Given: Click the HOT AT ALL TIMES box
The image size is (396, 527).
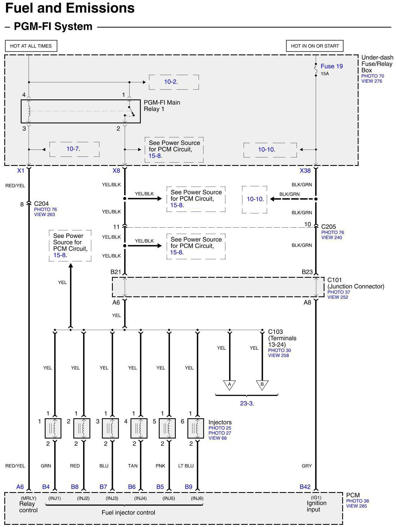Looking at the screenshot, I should point(31,46).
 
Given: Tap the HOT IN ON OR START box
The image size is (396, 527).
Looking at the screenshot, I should point(315,46).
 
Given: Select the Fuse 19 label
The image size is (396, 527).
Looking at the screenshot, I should point(332,66).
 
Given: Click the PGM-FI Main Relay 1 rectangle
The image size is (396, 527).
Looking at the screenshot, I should point(81,111).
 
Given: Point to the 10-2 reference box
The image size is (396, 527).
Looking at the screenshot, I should point(174,82).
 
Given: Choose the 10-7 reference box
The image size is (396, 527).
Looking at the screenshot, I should point(74,149).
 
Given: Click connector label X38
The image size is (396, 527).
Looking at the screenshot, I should point(305,171).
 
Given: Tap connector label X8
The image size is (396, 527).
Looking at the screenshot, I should point(116,171).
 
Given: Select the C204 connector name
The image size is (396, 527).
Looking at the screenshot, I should point(41,204).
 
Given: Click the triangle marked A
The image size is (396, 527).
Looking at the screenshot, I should point(229,385).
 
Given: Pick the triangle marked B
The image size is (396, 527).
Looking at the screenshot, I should point(262,385).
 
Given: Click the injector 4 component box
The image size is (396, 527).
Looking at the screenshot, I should point(139,428).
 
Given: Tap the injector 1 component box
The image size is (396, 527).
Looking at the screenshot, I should point(53,428).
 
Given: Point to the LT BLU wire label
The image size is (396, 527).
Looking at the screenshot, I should point(186,466).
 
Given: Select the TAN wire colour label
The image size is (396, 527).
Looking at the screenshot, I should point(133,466).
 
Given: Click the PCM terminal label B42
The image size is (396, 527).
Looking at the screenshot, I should point(305,487).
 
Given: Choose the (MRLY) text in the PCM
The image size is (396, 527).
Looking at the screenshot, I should point(28,498).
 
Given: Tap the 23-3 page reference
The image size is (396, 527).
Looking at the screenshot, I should point(247,404).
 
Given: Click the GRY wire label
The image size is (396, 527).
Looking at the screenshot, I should point(307,466).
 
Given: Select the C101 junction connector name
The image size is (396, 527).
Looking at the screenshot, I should point(335,280).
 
